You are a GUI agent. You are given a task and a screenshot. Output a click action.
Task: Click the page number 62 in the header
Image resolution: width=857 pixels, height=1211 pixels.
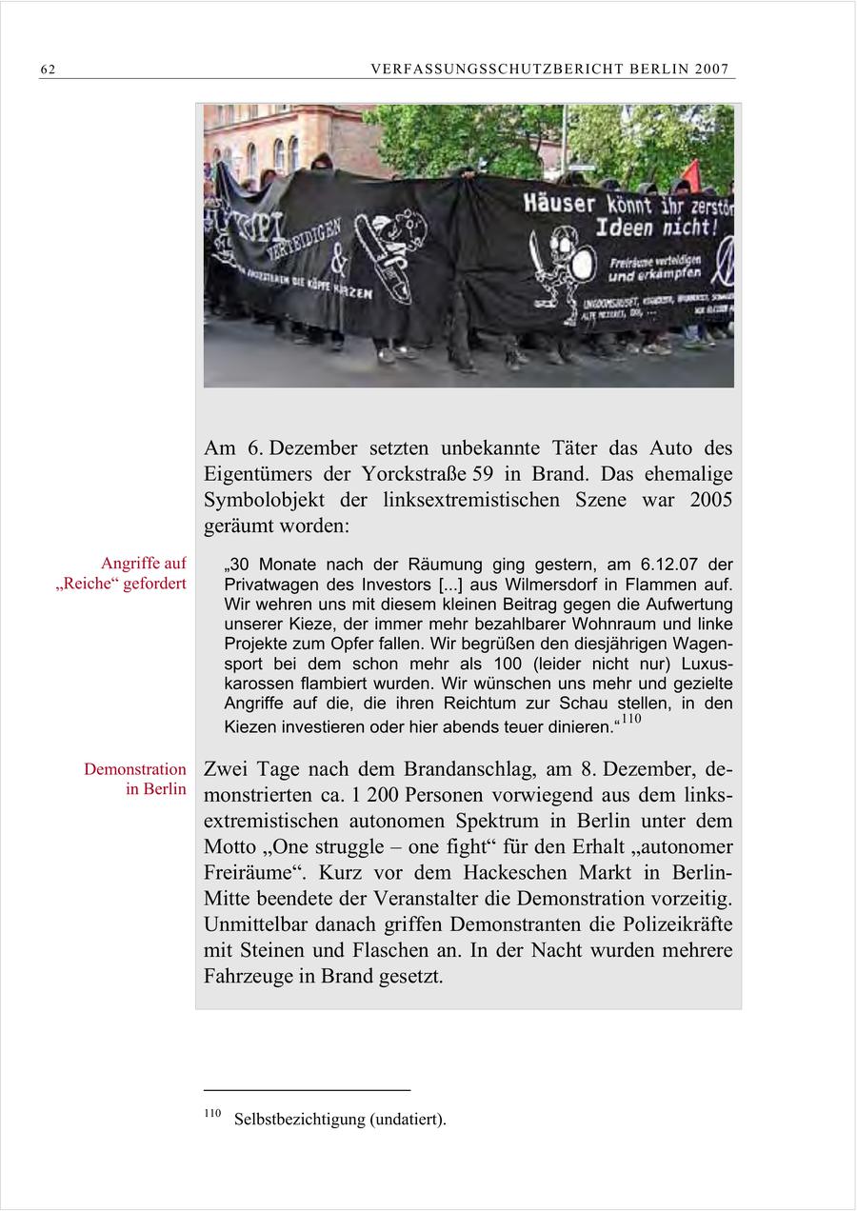[48, 69]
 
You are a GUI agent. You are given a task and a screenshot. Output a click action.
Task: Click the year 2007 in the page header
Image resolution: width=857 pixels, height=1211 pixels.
[711, 69]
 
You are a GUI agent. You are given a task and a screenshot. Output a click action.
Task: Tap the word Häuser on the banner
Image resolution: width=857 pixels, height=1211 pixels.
[559, 203]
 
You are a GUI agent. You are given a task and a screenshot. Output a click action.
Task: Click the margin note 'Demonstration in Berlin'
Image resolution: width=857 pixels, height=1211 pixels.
[135, 779]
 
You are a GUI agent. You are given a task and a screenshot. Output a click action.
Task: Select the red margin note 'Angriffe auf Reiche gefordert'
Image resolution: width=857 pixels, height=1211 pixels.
[121, 573]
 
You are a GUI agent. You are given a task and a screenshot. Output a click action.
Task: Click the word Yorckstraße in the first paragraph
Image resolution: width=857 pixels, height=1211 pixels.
[414, 474]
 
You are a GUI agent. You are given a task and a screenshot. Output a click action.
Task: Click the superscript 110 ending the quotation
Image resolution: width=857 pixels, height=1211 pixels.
[630, 720]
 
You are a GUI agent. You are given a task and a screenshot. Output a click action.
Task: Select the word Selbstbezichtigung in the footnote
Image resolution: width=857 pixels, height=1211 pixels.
[299, 1120]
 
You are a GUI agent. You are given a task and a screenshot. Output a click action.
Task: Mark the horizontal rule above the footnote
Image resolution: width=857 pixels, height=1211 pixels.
[307, 1090]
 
